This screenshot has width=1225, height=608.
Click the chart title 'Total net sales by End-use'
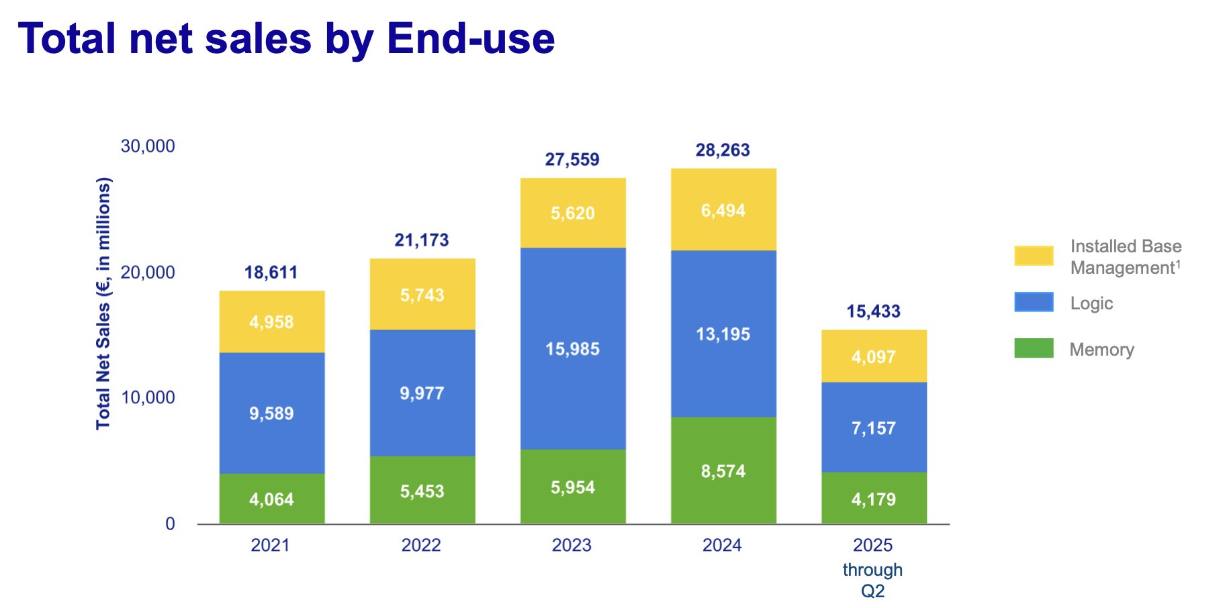(x=286, y=38)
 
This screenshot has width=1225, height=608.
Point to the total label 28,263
(x=723, y=150)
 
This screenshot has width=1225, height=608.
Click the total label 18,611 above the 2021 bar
(x=271, y=272)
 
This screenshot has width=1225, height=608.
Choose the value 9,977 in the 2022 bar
(x=422, y=393)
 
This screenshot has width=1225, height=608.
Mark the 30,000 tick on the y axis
(x=148, y=146)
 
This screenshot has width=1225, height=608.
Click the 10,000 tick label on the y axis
(x=148, y=398)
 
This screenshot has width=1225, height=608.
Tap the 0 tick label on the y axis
(x=170, y=524)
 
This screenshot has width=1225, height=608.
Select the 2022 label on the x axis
(x=421, y=545)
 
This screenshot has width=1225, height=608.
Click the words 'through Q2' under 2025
(x=872, y=580)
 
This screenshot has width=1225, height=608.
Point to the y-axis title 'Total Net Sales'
(x=103, y=303)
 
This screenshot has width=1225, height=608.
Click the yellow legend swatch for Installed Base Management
(x=1034, y=256)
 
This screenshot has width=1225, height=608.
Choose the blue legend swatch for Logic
(x=1034, y=302)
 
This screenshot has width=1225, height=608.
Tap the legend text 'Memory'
(x=1101, y=350)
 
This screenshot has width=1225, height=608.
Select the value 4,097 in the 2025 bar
(x=874, y=357)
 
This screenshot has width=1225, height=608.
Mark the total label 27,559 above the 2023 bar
(x=572, y=160)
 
